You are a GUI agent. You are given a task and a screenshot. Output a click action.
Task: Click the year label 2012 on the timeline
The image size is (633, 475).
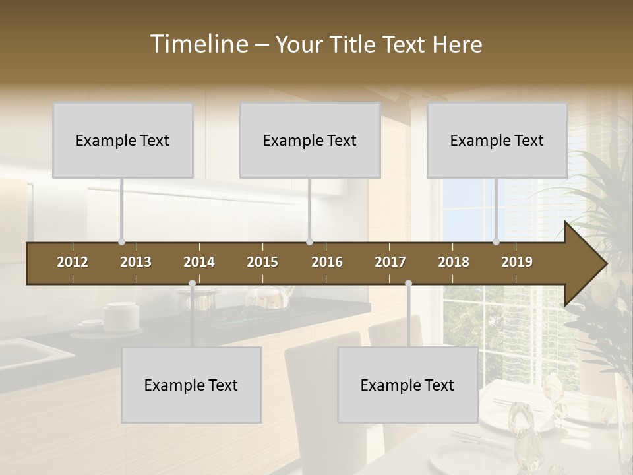coord(73,262)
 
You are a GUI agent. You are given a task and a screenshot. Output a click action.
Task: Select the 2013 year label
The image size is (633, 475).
coord(136,262)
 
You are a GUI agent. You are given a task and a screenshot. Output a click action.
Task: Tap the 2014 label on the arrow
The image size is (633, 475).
coord(199,262)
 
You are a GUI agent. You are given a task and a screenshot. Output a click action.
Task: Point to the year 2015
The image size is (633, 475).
coord(262,262)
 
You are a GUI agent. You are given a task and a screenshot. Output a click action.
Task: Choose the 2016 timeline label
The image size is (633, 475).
coord(327,262)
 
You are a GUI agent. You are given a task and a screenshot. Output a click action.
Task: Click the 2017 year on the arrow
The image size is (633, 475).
coord(390,262)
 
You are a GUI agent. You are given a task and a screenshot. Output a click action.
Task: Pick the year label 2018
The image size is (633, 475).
coord(454,262)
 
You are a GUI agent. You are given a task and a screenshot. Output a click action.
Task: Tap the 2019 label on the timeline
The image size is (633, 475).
coord(517,262)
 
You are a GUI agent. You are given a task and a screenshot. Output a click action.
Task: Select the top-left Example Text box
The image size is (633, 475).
coord(123,140)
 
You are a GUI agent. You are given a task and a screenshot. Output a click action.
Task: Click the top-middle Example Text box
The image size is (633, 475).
coord(310,140)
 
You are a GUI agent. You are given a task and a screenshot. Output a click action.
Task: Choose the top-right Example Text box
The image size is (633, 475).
coord(497,140)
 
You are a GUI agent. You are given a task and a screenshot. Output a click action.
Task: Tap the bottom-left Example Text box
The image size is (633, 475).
coord(191,385)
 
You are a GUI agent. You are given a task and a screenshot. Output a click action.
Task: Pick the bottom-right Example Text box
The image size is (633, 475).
coord(407,385)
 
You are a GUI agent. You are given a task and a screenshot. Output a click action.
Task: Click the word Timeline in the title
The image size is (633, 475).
coord(198,44)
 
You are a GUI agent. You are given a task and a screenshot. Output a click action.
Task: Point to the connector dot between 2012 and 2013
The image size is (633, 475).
coord(121,242)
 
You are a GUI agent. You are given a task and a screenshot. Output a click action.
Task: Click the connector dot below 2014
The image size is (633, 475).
coord(192,284)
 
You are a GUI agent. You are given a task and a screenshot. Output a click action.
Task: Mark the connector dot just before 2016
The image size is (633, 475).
coord(309,242)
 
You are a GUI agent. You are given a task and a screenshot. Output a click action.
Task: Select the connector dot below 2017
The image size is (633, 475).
coord(408,284)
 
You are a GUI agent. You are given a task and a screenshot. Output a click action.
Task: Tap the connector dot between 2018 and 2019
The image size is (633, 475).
coord(497,242)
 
